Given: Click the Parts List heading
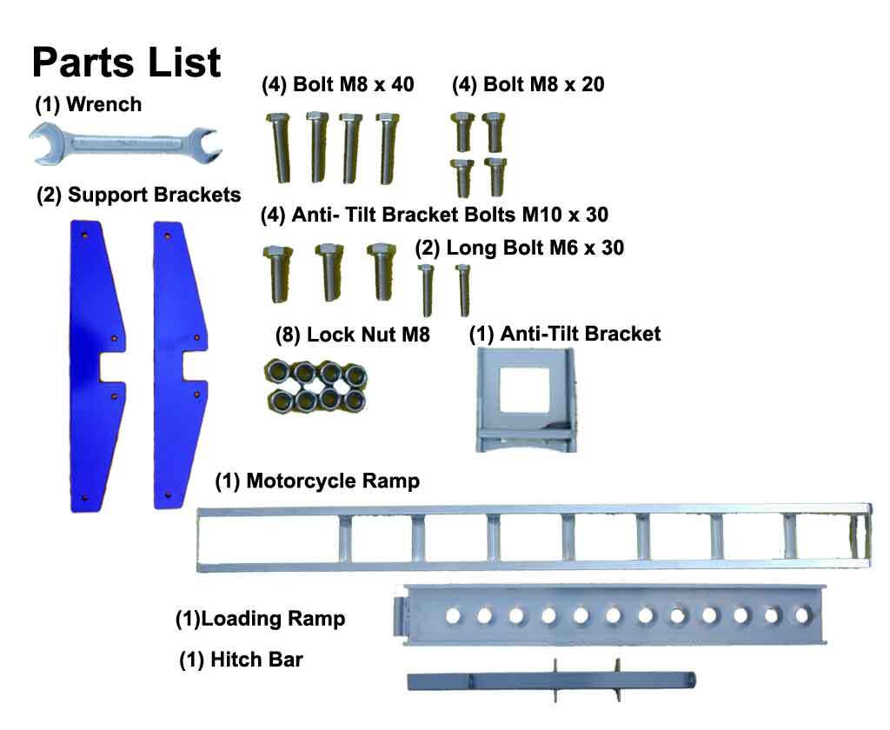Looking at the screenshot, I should (127, 63).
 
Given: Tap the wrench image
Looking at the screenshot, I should (124, 143).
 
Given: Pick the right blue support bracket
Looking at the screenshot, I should (178, 365).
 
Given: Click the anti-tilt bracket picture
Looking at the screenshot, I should (524, 400).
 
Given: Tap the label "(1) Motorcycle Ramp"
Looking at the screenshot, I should (317, 481).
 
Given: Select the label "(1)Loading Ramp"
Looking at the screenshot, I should (260, 619).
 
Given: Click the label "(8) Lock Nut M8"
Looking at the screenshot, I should (352, 335).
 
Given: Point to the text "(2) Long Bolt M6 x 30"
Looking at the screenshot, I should (520, 248).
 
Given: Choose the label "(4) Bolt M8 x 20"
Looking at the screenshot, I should (528, 84).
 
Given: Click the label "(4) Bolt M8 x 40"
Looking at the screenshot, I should (338, 84).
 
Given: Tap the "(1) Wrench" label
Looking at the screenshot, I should (88, 105).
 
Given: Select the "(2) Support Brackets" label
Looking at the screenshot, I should (138, 195).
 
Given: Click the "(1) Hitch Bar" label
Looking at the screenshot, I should (241, 660).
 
